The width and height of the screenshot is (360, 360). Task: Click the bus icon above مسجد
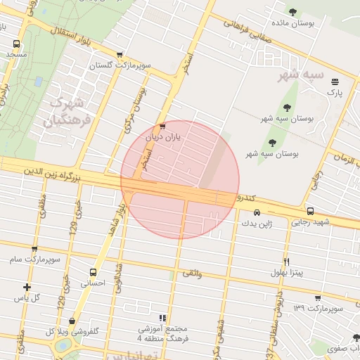tap(16, 43)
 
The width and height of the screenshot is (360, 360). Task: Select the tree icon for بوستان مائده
tap(293, 11)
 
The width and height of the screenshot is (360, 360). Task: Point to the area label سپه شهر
tap(298, 74)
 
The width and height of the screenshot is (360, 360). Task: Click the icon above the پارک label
tap(335, 82)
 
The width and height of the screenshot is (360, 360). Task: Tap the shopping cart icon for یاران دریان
tap(162, 127)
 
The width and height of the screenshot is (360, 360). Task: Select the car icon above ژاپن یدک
tap(257, 212)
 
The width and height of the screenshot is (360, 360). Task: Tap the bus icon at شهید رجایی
tap(310, 211)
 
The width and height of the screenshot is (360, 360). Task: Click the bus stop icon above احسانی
tap(93, 272)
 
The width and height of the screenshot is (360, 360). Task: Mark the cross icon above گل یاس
tap(27, 287)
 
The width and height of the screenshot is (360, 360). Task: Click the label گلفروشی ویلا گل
tap(72, 331)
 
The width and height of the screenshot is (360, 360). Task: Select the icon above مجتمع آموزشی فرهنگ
tap(163, 318)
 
